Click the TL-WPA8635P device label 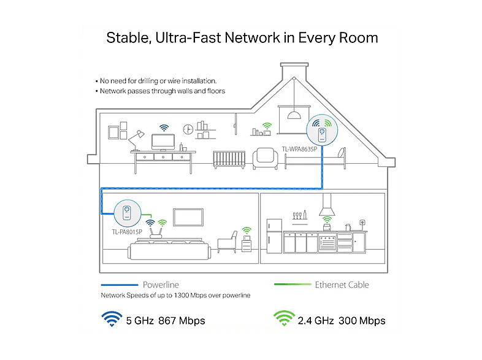299,149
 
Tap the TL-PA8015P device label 127,232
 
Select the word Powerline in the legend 161,285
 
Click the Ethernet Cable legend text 342,285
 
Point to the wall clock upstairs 188,129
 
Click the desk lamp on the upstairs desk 136,140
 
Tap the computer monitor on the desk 163,142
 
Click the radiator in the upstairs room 229,159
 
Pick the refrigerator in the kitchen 274,236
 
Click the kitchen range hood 327,205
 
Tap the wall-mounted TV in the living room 188,217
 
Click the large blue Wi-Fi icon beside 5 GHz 112,319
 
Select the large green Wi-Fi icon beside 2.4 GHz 284,318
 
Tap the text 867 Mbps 182,321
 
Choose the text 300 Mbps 362,321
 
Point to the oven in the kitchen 327,243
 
